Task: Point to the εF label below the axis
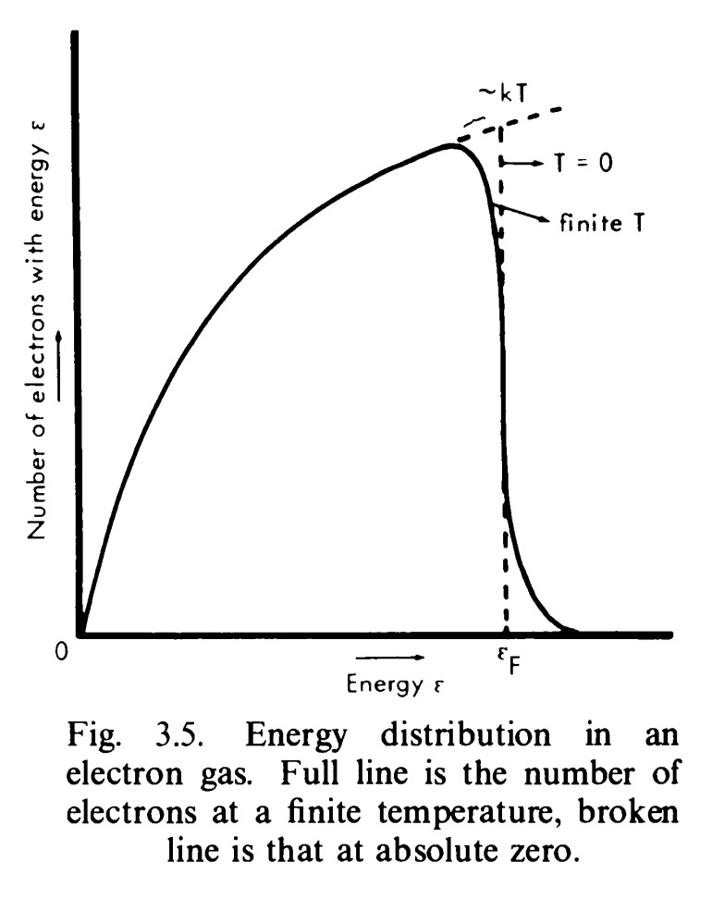(x=507, y=659)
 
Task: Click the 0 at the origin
(x=61, y=652)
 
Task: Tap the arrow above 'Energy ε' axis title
(x=388, y=659)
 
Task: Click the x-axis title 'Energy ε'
(x=388, y=685)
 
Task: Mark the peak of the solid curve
(x=452, y=144)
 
